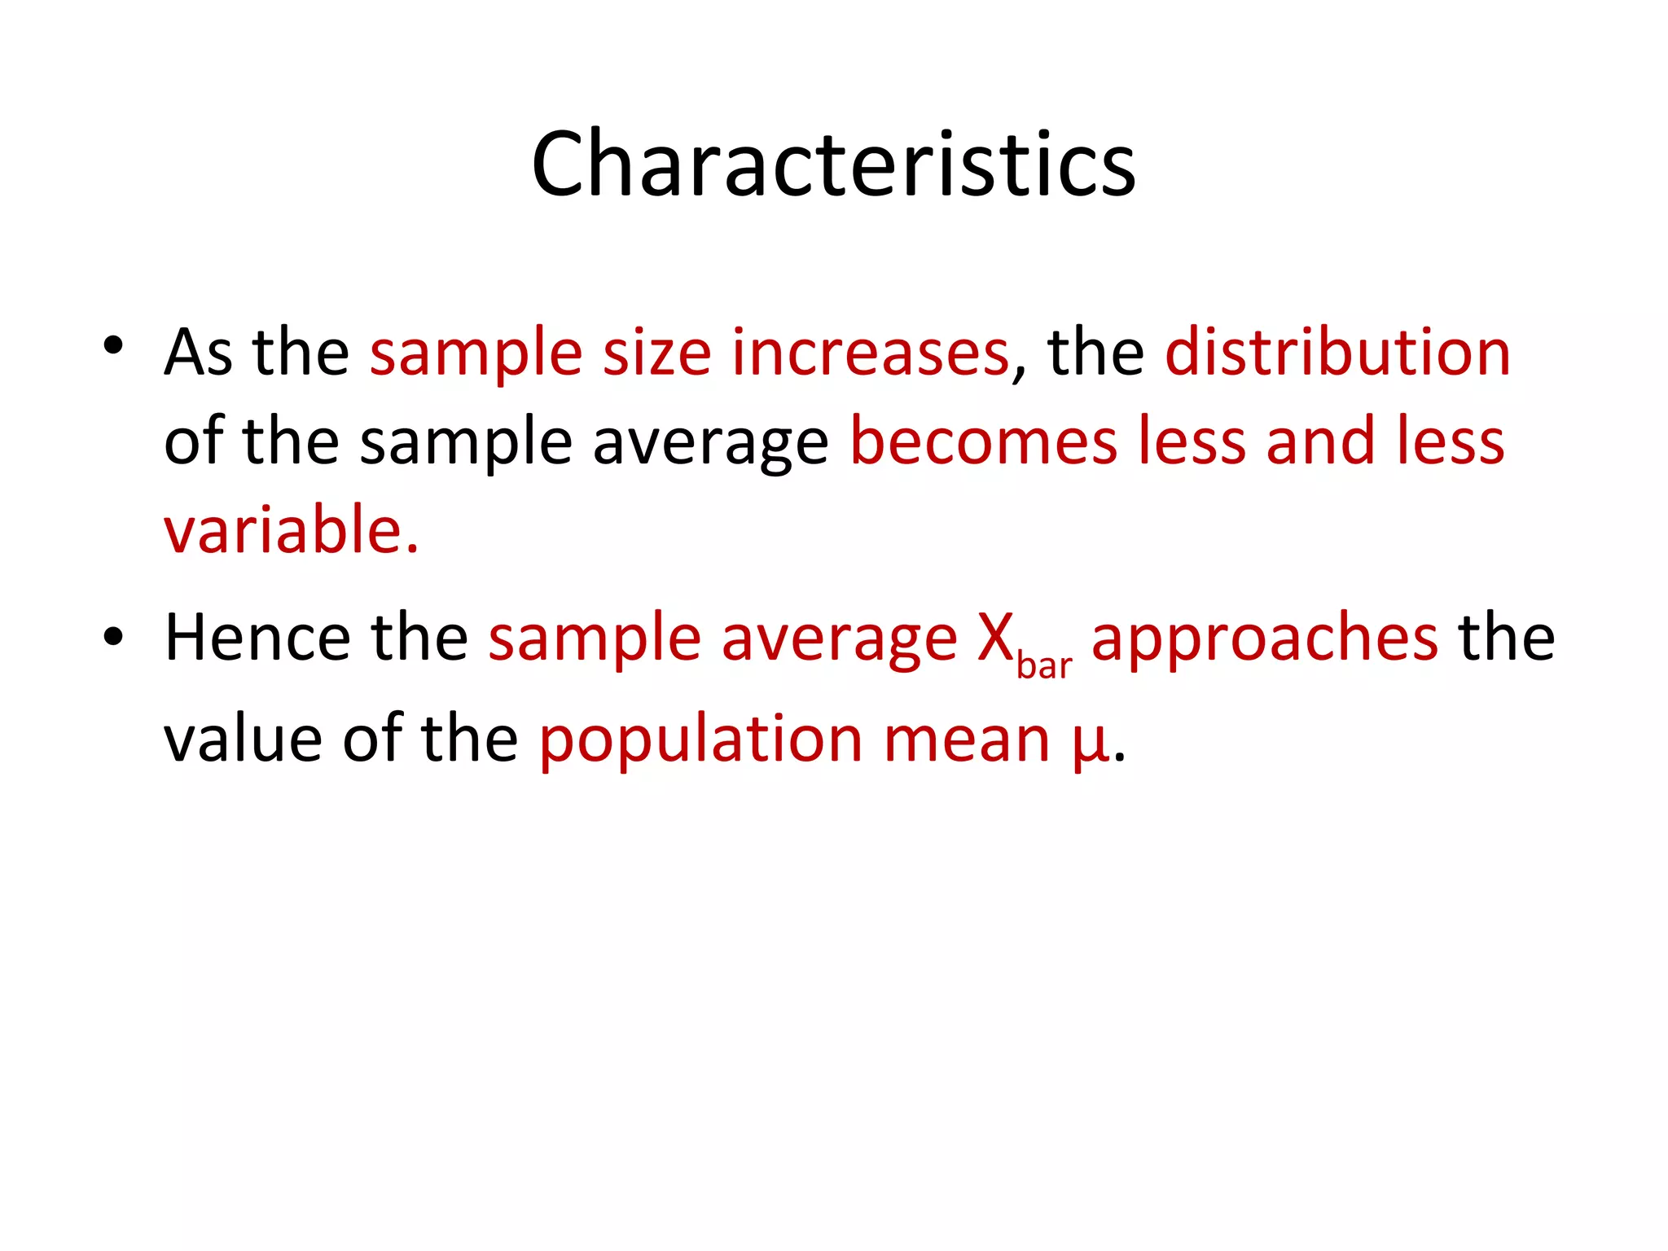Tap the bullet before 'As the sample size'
coord(113,345)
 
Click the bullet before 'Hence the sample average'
coord(113,636)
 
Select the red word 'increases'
coord(870,353)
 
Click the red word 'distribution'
coord(1337,353)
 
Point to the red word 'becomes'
coord(983,441)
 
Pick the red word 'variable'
coord(283,530)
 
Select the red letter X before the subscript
coord(995,638)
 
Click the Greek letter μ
coord(1091,743)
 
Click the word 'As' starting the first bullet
coord(198,353)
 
